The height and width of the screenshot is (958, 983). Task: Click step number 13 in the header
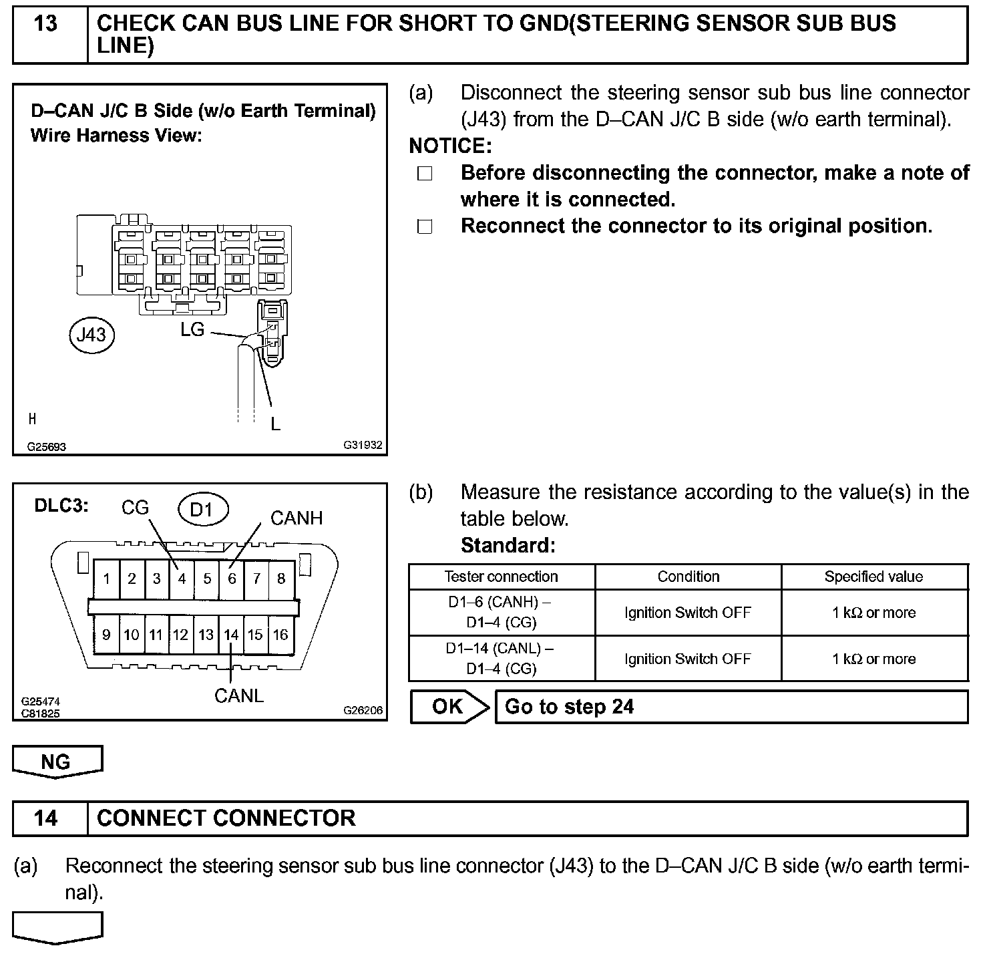[45, 24]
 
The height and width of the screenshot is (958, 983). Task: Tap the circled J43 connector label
[91, 334]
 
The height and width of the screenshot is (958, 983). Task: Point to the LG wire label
[192, 329]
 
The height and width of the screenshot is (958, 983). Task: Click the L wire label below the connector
[275, 424]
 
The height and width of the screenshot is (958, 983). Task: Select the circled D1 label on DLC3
[203, 510]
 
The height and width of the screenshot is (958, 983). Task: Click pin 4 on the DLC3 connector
[182, 579]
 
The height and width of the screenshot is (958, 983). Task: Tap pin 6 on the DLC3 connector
[232, 579]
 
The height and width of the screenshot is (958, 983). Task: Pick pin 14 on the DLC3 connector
[231, 635]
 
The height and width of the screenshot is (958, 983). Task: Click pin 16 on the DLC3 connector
[281, 635]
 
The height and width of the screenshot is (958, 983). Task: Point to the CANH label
[297, 518]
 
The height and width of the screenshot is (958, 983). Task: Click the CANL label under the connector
[239, 695]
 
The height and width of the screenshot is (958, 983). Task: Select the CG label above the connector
[135, 508]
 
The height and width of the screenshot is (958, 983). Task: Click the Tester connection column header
[501, 577]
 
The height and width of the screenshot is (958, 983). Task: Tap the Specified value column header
[873, 577]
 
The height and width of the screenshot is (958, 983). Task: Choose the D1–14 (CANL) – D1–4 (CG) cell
[501, 659]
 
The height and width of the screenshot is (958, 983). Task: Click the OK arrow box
[449, 707]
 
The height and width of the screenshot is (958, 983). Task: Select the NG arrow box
[57, 762]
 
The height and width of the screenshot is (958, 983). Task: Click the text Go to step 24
[569, 707]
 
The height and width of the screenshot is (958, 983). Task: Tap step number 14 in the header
[45, 818]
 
